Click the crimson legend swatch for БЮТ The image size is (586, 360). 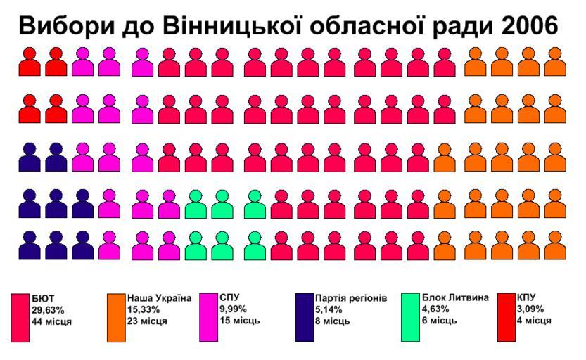click(x=20, y=317)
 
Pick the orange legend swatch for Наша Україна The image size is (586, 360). click(x=115, y=317)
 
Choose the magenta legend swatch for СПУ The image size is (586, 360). click(x=208, y=317)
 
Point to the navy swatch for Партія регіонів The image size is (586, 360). click(x=304, y=317)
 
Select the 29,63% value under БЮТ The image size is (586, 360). click(x=48, y=309)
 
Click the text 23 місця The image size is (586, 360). click(x=147, y=321)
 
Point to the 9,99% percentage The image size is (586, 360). click(x=234, y=309)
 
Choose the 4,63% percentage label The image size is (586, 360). click(x=437, y=309)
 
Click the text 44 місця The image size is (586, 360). click(x=51, y=321)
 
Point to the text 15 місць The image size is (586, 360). click(x=240, y=321)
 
